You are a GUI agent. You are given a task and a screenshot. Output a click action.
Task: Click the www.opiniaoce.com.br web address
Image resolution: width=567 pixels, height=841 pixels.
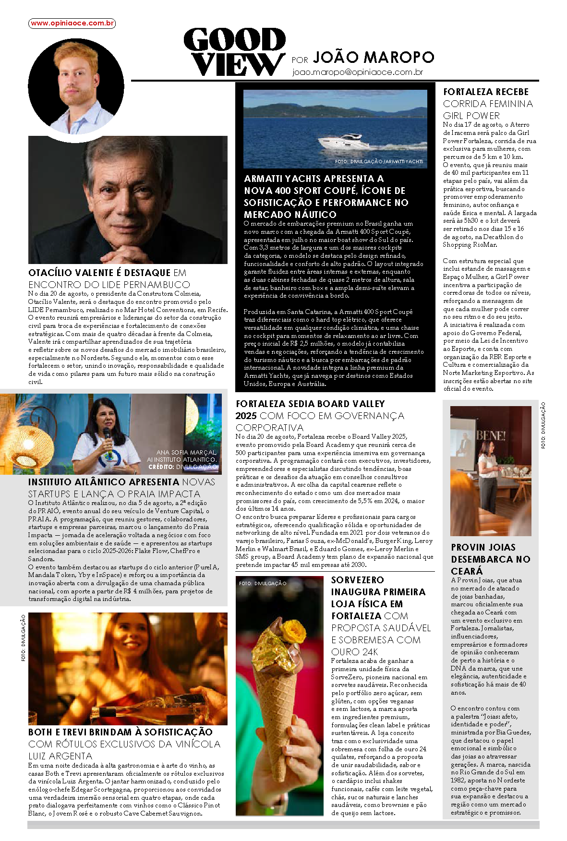[72, 23]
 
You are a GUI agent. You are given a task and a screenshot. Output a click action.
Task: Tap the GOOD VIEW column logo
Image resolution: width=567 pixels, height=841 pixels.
[235, 52]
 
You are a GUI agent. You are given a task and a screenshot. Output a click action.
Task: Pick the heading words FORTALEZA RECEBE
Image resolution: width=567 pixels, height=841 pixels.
[485, 92]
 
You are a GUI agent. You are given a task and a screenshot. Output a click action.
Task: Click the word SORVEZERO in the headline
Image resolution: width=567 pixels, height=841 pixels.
[357, 580]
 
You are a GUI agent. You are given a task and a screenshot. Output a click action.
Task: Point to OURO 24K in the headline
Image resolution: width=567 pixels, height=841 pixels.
[354, 652]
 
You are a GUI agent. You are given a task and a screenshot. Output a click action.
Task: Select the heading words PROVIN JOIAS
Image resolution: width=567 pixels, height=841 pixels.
[483, 547]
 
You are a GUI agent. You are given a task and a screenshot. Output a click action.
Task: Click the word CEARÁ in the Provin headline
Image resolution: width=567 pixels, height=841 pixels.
[466, 571]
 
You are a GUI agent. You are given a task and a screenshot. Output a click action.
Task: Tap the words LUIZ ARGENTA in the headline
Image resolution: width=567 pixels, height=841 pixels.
[60, 756]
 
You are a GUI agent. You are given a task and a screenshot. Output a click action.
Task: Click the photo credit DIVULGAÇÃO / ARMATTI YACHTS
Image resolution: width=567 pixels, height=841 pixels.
[379, 162]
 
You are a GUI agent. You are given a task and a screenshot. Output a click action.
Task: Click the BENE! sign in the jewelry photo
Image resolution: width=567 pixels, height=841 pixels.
[491, 436]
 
